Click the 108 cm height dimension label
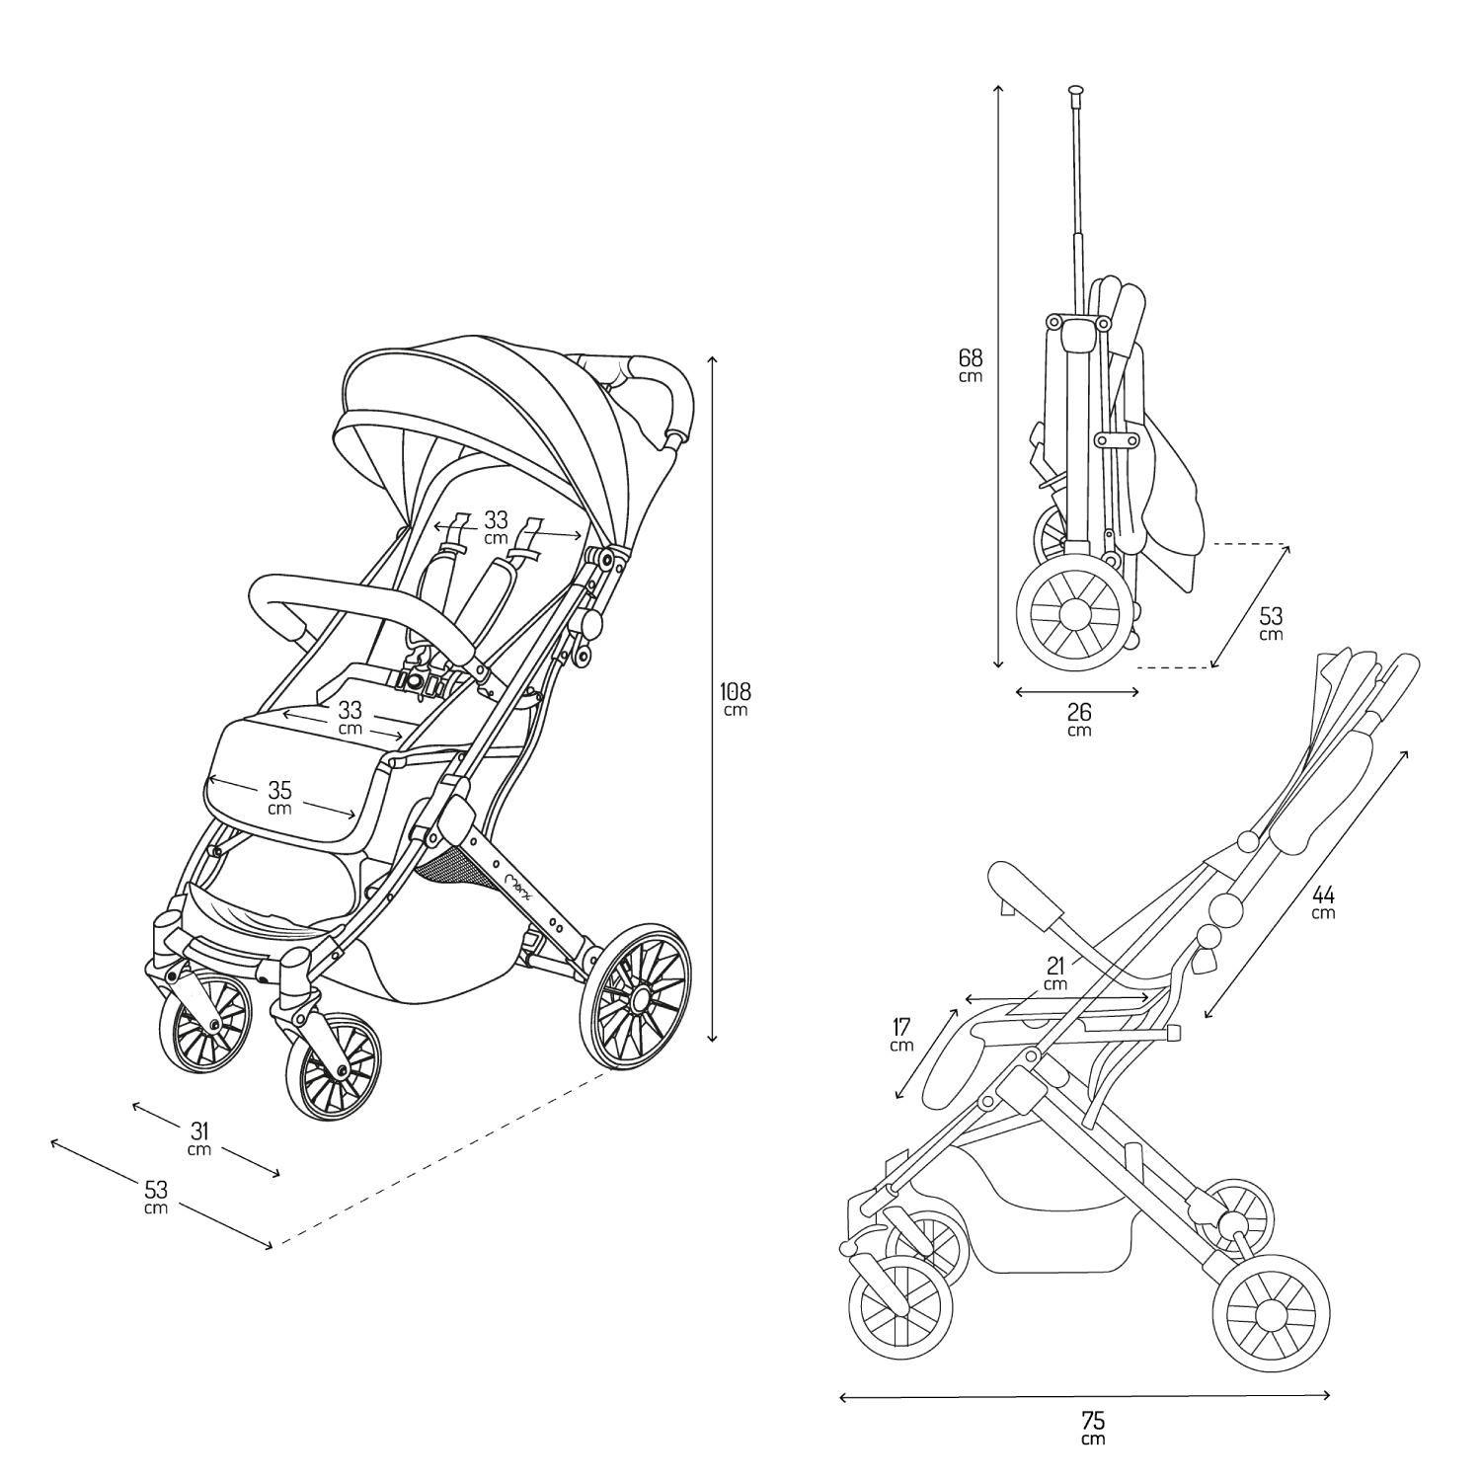736,699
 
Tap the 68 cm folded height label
971,365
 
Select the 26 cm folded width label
1079,720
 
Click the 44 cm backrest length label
1323,902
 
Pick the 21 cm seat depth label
1055,974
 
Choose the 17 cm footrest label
901,1035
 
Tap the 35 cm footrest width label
280,798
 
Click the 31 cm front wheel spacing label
200,1137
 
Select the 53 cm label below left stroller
156,1196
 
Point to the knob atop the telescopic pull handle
1075,92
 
